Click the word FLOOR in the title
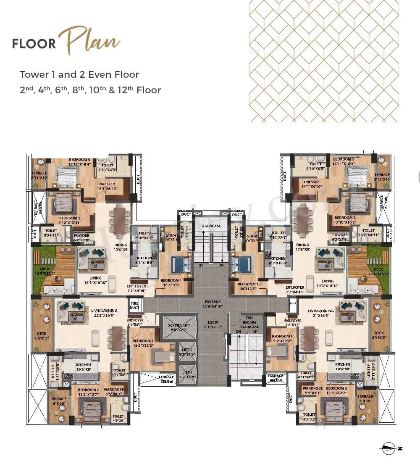point(34,44)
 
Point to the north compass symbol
point(391,448)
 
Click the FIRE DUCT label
point(134,305)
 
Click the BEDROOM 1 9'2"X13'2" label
point(282,339)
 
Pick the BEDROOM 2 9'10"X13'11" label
point(69,220)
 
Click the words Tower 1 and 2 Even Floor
point(79,75)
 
